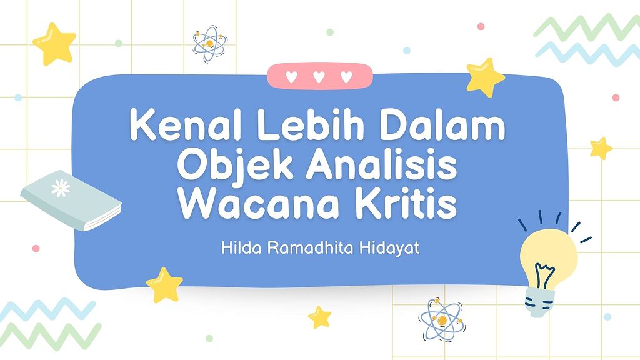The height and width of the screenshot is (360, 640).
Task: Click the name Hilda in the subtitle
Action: [238, 247]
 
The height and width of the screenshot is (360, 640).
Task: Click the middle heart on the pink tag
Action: [319, 77]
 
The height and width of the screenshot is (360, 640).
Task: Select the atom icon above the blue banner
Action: [210, 43]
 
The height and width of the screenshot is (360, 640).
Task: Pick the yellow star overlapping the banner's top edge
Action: [485, 77]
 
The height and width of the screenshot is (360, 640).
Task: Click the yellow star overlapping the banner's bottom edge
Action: [164, 284]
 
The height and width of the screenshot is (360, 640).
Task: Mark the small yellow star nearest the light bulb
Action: [601, 148]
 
